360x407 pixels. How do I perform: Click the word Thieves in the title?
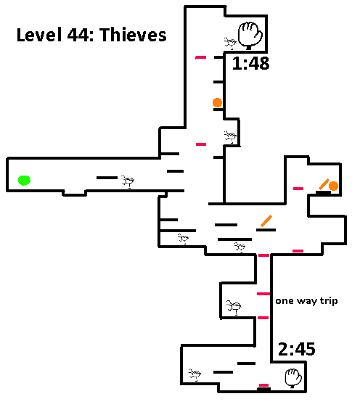(x=133, y=35)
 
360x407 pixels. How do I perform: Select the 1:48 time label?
(x=250, y=63)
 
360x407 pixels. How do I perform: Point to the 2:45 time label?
(x=296, y=349)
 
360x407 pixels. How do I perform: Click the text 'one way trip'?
(x=306, y=301)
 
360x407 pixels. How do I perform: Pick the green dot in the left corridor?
(x=24, y=181)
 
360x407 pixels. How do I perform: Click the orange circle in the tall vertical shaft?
(x=218, y=102)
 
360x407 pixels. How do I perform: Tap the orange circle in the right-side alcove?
(x=333, y=186)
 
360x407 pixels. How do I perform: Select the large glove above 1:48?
(x=250, y=36)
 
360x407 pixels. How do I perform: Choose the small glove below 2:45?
(x=293, y=378)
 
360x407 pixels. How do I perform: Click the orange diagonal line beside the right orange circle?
(x=324, y=184)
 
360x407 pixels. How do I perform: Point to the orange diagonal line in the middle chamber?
(x=266, y=221)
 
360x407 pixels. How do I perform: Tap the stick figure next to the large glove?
(x=230, y=43)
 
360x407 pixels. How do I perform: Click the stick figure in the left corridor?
(x=128, y=181)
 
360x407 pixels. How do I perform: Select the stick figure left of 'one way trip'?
(x=234, y=307)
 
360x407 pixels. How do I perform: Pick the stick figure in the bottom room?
(x=195, y=374)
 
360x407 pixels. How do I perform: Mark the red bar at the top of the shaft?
(x=201, y=57)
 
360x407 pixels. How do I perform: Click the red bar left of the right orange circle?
(x=298, y=189)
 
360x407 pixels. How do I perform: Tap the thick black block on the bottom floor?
(x=263, y=389)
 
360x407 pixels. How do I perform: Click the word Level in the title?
(x=39, y=35)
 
